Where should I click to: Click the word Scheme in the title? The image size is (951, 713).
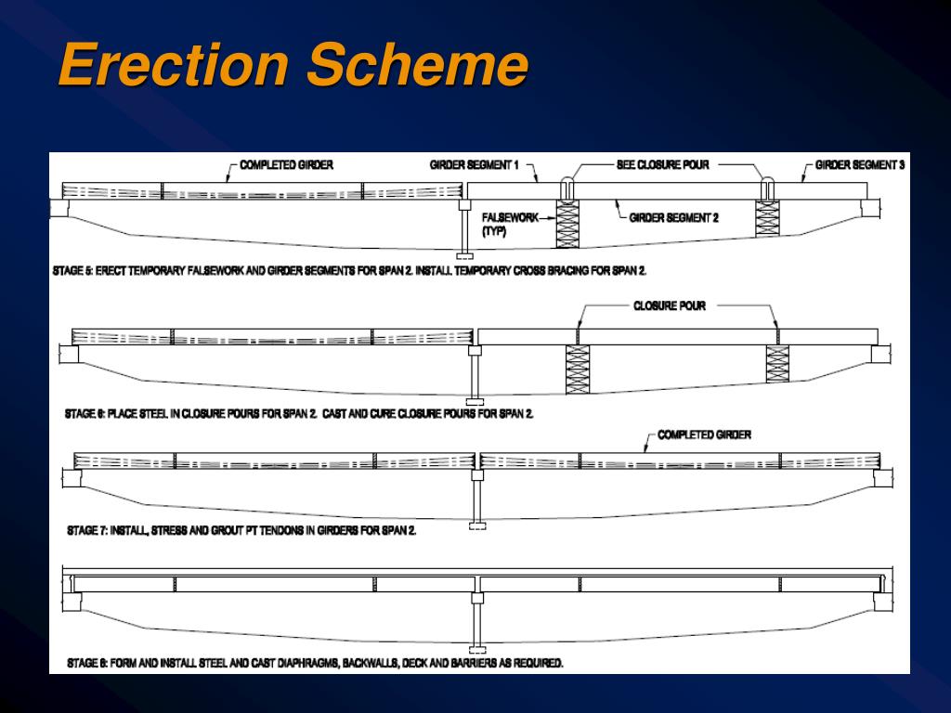[419, 67]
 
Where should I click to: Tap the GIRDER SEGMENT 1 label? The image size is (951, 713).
[474, 165]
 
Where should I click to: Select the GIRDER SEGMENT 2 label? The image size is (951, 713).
[673, 218]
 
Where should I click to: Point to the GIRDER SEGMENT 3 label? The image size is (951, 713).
[860, 165]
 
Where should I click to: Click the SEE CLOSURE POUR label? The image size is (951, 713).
[662, 165]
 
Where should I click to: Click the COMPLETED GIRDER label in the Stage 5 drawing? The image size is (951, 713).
[286, 165]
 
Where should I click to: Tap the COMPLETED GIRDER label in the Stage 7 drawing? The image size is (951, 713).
[704, 434]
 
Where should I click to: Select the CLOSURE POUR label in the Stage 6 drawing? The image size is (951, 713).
[669, 305]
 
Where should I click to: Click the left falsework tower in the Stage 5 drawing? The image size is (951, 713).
[567, 224]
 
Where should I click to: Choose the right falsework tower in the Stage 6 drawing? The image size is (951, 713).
[777, 363]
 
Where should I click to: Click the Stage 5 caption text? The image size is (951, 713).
[349, 271]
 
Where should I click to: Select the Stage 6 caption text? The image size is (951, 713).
[299, 413]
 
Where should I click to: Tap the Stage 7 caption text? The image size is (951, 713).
[241, 531]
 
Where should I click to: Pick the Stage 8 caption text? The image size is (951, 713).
[316, 663]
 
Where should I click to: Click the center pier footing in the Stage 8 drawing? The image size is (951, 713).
[477, 649]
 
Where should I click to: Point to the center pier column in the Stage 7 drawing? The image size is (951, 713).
[477, 501]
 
